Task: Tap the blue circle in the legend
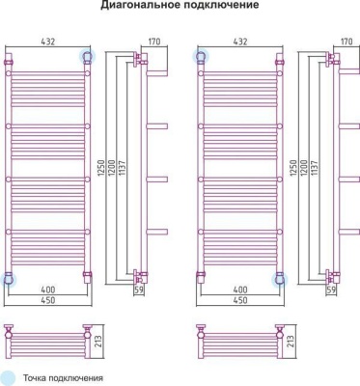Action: tap(9, 377)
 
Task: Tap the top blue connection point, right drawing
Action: tap(201, 57)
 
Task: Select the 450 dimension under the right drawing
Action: tap(241, 300)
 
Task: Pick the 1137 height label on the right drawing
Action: tap(310, 174)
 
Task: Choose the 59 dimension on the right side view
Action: tap(333, 289)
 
